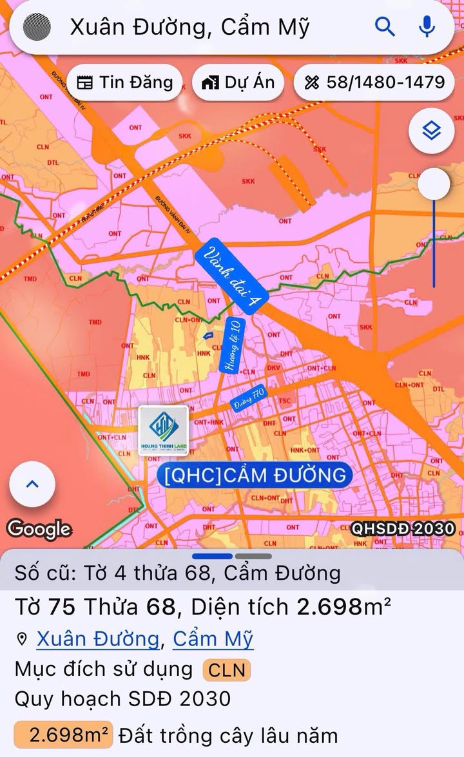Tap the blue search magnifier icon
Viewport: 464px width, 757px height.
385,26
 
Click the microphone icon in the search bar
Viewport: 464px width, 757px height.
426,26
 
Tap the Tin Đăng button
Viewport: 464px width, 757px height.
124,82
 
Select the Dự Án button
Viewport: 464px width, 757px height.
238,82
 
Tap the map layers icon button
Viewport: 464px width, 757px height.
431,131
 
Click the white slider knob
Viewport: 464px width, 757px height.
434,184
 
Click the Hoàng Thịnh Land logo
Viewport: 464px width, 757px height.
164,430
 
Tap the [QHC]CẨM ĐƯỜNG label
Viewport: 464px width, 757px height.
255,475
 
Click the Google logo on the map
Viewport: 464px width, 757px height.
39,529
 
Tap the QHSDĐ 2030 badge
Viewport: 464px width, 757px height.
403,529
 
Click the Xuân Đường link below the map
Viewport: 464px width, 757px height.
97,639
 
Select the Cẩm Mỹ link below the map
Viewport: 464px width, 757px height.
213,639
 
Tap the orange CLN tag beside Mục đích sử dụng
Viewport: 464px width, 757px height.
227,670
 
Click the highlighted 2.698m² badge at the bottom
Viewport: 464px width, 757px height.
63,734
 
